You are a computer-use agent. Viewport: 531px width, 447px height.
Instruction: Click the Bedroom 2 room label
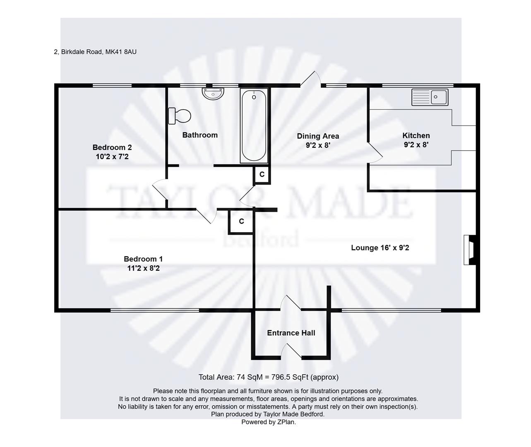[x=112, y=147]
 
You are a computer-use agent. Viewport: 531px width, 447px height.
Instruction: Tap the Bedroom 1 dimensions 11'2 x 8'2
[x=143, y=268]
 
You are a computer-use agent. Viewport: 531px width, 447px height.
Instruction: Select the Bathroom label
[x=200, y=135]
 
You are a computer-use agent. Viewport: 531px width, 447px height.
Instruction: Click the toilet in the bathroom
[x=180, y=116]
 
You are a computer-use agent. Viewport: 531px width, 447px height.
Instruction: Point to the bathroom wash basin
[x=213, y=94]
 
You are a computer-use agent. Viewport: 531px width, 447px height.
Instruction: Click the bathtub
[x=254, y=125]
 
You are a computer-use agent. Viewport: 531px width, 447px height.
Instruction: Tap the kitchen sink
[x=430, y=97]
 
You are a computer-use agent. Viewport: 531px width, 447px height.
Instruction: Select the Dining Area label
[x=318, y=136]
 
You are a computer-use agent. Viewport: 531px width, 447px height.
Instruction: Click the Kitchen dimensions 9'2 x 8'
[x=416, y=145]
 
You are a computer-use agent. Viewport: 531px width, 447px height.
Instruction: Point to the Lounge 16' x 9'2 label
[x=380, y=248]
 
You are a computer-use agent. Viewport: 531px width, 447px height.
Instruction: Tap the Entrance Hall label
[x=291, y=333]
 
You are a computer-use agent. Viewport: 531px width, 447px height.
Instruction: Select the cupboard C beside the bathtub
[x=262, y=175]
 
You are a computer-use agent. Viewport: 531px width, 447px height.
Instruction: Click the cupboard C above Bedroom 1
[x=241, y=221]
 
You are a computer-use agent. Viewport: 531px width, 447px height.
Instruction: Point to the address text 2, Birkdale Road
[x=95, y=52]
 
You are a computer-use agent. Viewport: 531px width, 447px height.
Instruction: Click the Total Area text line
[x=268, y=377]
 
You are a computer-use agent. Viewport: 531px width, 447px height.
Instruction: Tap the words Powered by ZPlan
[x=268, y=422]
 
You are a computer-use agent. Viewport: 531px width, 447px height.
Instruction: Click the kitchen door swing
[x=375, y=152]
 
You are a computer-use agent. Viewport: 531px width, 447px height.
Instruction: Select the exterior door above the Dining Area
[x=310, y=80]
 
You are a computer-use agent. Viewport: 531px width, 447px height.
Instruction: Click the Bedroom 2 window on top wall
[x=112, y=86]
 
